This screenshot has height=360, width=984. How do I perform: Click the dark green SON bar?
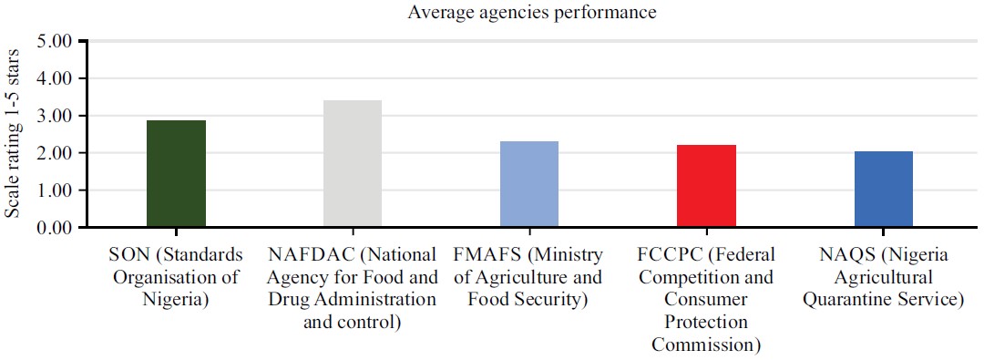point(176,173)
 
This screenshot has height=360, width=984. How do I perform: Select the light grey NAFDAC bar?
point(353,163)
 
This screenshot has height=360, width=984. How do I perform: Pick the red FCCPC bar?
point(706,186)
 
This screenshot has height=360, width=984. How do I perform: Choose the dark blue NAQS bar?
point(883,189)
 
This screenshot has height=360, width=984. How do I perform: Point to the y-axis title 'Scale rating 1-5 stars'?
point(13,134)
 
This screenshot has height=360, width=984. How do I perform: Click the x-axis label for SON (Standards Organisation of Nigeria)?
point(176,276)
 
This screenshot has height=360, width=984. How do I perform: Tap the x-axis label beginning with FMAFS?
point(529,276)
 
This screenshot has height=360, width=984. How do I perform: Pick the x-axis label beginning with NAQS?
point(883,276)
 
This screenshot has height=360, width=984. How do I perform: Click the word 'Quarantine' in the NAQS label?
point(847,299)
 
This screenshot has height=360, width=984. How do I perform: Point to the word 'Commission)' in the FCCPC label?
point(706,345)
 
